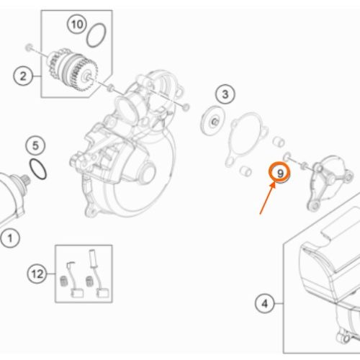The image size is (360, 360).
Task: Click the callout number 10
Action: [77, 24]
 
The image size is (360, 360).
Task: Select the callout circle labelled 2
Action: [23, 76]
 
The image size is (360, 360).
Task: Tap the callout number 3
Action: [225, 94]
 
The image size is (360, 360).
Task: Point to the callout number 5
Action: [35, 145]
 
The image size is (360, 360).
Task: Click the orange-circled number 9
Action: [280, 174]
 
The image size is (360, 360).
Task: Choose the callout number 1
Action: [10, 238]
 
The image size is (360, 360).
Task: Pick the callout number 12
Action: [37, 274]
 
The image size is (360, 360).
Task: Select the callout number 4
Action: [264, 304]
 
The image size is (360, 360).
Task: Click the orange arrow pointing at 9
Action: [267, 198]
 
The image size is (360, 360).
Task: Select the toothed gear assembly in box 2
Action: [72, 70]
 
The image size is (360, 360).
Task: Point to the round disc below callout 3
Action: [212, 120]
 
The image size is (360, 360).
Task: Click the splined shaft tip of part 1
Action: [26, 180]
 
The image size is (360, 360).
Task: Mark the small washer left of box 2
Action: [29, 48]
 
